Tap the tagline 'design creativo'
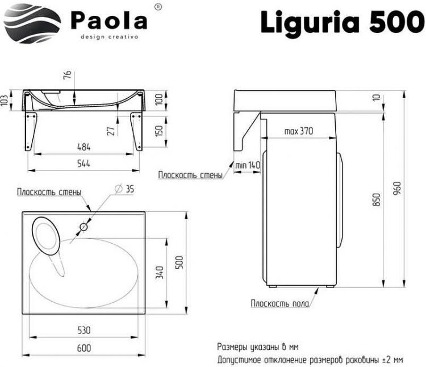[x=110, y=36]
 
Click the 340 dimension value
[x=160, y=273]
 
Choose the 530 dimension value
[x=85, y=330]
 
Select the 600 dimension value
[x=83, y=347]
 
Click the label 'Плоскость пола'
[x=280, y=304]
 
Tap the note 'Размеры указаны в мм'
[x=258, y=347]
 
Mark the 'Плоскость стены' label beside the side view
[x=190, y=176]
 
